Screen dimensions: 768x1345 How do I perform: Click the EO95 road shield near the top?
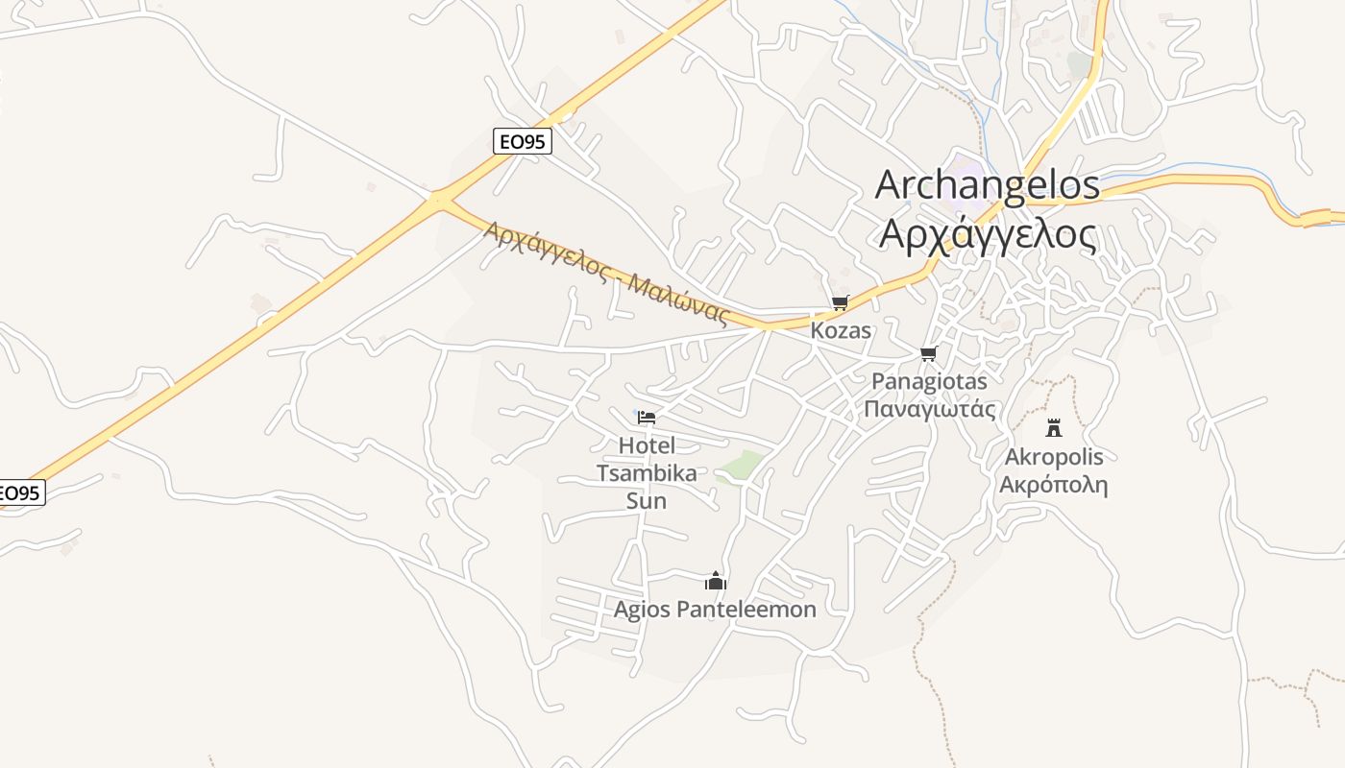(523, 141)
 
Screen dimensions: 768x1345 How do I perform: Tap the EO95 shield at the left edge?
(19, 493)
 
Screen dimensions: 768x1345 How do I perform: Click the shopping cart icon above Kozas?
(841, 303)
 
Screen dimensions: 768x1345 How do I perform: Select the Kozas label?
(841, 330)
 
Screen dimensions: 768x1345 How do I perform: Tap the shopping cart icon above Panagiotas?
(928, 354)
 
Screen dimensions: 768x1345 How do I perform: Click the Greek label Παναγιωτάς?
(929, 409)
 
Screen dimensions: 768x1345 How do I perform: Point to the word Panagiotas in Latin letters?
(929, 381)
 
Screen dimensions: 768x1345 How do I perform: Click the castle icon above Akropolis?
(1054, 427)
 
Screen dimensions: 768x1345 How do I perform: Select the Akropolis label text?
(1054, 456)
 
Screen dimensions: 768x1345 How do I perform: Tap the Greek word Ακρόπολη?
(1054, 484)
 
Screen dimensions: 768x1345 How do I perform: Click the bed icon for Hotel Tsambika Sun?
(647, 418)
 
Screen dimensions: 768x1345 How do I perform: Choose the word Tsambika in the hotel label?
(647, 472)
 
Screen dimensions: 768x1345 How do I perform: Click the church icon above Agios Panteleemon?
(715, 581)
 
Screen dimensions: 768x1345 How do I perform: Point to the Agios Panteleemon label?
(715, 609)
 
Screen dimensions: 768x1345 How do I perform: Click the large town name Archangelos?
(987, 184)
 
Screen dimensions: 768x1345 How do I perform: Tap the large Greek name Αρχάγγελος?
(989, 234)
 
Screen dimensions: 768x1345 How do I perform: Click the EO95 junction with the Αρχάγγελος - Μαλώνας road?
(439, 200)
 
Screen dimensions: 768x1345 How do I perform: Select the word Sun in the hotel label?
(647, 500)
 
